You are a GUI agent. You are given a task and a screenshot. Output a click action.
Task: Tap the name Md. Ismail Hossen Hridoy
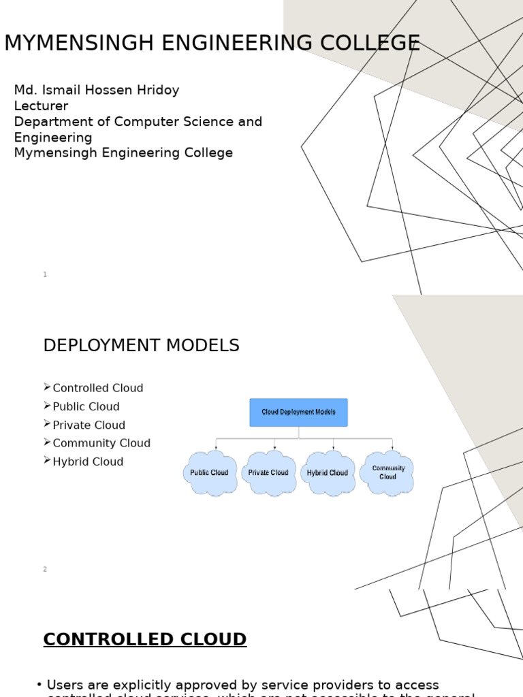97,91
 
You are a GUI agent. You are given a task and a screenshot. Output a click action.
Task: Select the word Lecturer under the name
41,106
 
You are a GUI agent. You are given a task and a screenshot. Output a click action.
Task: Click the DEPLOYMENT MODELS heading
141,346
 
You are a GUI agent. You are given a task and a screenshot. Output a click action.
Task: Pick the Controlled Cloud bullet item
98,388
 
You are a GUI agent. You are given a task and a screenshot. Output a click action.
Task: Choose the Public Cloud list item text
86,406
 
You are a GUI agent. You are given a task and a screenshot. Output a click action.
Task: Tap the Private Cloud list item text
89,425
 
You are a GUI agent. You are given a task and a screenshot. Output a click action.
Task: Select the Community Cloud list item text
101,443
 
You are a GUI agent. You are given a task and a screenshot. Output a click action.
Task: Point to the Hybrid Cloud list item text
88,461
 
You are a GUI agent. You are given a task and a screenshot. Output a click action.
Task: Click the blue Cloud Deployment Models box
298,412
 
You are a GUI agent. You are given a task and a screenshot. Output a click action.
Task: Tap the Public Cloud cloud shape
209,472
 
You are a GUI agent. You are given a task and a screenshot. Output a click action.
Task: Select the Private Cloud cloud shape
268,472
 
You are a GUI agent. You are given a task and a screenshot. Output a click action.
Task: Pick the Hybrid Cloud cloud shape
328,472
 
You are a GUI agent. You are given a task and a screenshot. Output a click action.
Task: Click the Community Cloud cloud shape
388,472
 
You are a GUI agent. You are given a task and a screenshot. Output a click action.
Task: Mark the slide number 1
45,274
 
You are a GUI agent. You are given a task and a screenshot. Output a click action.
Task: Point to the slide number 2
45,569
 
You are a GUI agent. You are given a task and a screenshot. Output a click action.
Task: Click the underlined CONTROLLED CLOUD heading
144,640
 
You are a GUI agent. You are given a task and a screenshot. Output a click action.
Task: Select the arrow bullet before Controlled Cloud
47,387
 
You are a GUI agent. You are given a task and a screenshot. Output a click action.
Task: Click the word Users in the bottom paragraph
65,685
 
